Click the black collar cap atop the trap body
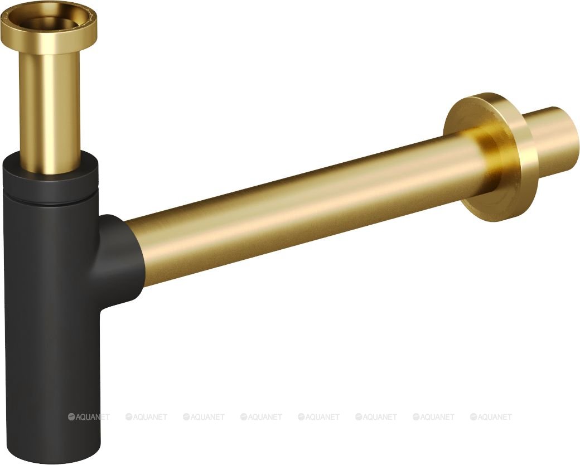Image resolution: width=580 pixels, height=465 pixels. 51,177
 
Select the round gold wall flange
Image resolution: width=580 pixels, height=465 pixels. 490,157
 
